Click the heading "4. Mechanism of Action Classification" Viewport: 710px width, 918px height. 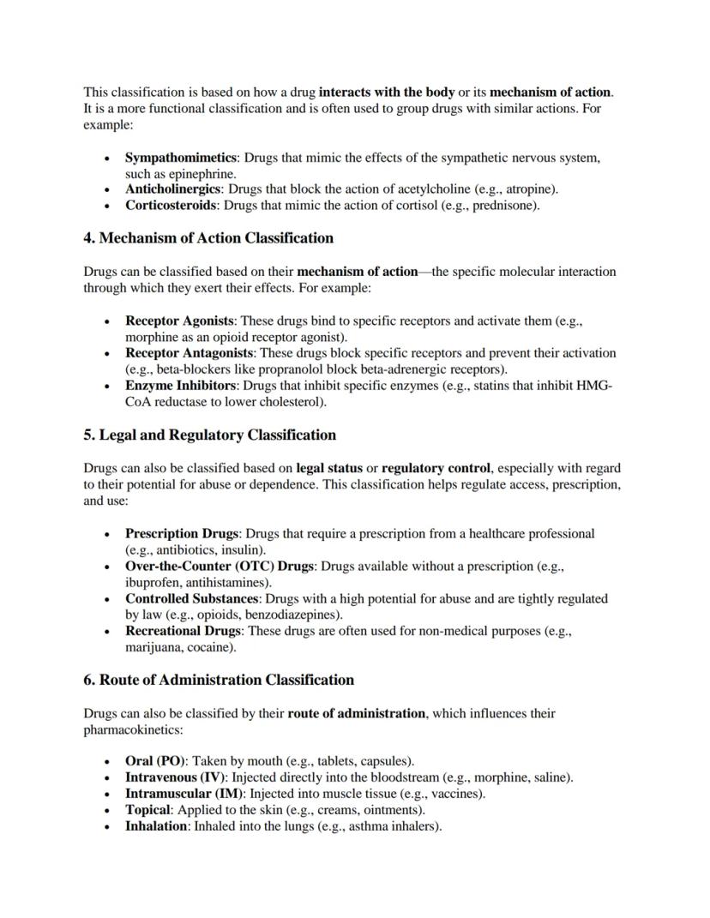click(x=208, y=238)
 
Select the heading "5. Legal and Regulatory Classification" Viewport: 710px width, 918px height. click(x=209, y=435)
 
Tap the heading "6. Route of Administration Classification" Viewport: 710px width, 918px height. click(x=219, y=681)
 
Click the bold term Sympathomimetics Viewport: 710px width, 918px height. click(x=181, y=159)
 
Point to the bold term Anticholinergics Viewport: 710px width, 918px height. click(x=173, y=189)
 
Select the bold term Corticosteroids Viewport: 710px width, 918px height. click(x=171, y=206)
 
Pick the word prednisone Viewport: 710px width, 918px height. click(x=503, y=206)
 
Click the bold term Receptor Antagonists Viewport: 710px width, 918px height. click(x=189, y=353)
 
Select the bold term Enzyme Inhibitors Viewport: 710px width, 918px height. click(x=169, y=386)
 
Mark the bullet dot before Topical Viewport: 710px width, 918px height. click(x=105, y=810)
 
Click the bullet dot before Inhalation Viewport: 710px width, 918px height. click(x=105, y=827)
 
